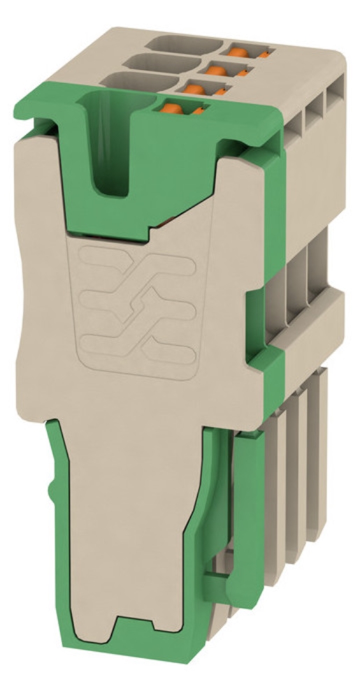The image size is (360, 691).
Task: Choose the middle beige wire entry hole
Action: (x=171, y=62)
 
